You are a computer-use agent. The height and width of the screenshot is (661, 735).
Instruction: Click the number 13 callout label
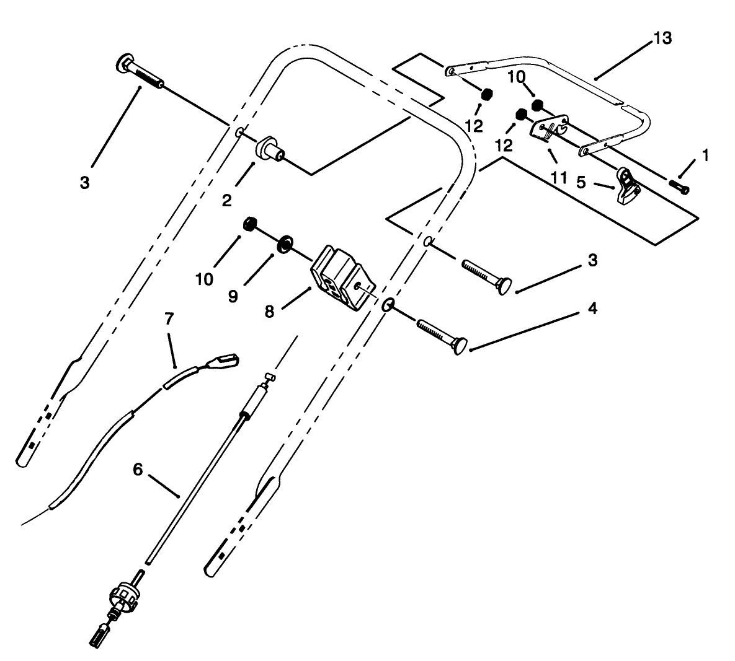(662, 38)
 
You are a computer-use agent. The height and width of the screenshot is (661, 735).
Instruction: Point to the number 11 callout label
(558, 177)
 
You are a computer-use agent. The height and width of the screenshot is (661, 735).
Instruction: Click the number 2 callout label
(226, 199)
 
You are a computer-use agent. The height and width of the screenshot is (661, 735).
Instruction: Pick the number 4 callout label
(592, 309)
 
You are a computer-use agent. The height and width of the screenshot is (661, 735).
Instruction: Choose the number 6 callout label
(138, 470)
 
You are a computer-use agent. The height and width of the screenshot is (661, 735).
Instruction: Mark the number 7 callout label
(169, 319)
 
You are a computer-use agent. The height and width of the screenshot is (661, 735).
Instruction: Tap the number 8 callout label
(269, 312)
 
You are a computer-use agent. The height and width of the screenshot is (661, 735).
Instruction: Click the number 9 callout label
(233, 297)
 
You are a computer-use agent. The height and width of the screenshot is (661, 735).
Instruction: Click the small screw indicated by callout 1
(680, 186)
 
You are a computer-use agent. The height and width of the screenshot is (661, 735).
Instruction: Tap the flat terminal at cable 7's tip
(226, 359)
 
